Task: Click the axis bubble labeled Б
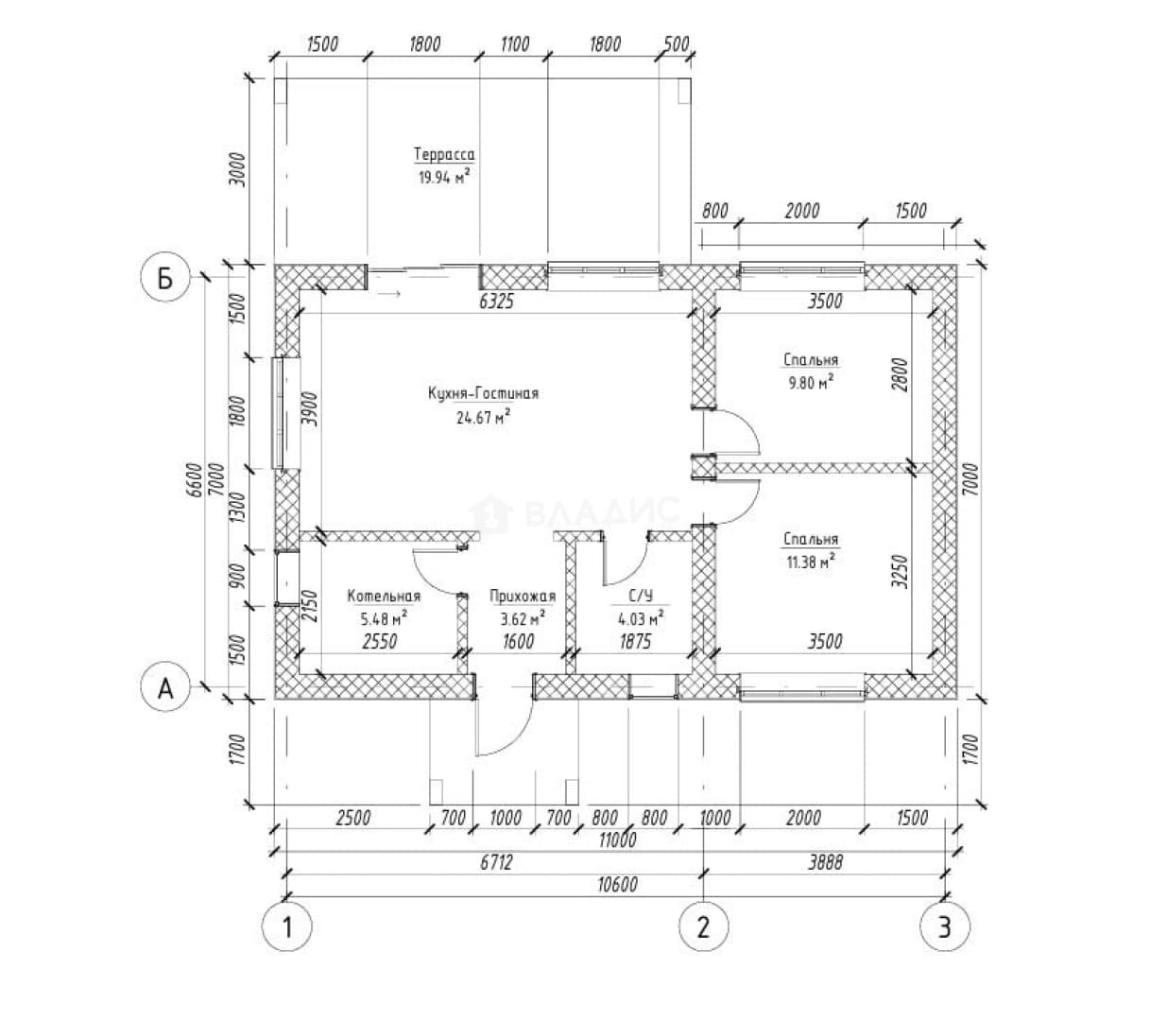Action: (165, 278)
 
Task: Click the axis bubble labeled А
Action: (165, 689)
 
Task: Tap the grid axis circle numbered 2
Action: (703, 927)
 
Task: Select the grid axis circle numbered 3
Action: (945, 927)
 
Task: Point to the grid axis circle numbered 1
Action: (286, 927)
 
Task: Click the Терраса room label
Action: (444, 154)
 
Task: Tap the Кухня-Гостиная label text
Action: (483, 393)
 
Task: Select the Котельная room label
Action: (384, 596)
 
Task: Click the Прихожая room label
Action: (523, 597)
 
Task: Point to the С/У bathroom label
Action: (641, 596)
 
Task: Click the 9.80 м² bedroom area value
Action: (811, 382)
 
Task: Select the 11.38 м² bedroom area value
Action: (811, 562)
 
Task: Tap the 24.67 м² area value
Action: (483, 417)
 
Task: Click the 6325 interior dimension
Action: (496, 302)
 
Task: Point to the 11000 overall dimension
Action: (618, 839)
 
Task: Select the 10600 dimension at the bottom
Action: (618, 885)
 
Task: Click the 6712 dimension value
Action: (496, 862)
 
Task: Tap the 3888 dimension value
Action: (825, 862)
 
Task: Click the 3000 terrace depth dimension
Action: (236, 169)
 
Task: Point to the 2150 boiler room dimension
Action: (311, 607)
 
